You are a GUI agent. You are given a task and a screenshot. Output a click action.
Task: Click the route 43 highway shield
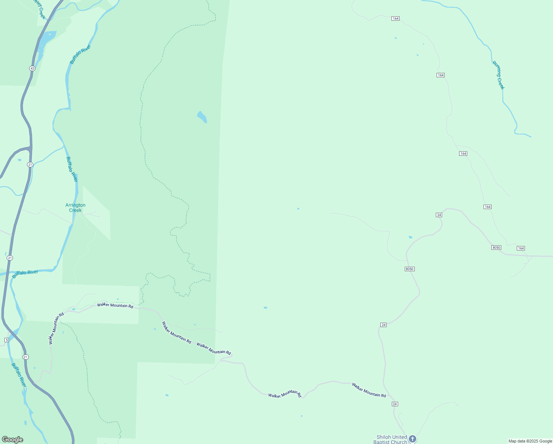tap(33, 68)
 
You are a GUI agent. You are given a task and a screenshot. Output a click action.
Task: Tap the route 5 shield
tap(7, 340)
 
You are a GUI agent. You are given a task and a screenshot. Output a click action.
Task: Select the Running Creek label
tap(498, 75)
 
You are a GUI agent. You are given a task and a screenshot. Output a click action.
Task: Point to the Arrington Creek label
tap(75, 208)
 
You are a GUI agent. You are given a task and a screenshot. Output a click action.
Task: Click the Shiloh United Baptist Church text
tap(391, 440)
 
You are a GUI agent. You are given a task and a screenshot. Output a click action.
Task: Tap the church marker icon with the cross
tap(413, 439)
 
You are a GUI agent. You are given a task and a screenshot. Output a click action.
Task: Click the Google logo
tap(13, 440)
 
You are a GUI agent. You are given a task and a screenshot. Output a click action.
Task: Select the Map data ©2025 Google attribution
tap(530, 441)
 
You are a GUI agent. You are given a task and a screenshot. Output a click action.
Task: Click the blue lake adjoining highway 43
tap(47, 38)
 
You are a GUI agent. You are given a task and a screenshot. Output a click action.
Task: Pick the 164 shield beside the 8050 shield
tap(521, 248)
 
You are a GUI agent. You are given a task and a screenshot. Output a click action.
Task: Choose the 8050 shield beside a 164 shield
tap(496, 248)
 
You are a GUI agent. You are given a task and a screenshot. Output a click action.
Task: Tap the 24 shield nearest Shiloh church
tap(395, 404)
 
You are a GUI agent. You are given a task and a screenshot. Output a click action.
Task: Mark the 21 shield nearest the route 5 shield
tap(25, 357)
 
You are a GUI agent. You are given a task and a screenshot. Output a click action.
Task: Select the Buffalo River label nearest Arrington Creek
tap(72, 169)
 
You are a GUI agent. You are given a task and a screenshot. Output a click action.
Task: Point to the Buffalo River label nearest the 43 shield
tap(80, 54)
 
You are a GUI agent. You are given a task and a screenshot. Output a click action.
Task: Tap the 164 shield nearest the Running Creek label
tap(440, 75)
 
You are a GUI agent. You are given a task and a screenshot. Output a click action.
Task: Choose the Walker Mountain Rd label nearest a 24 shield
tap(369, 390)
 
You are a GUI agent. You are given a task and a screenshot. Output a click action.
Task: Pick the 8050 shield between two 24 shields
tap(409, 269)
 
